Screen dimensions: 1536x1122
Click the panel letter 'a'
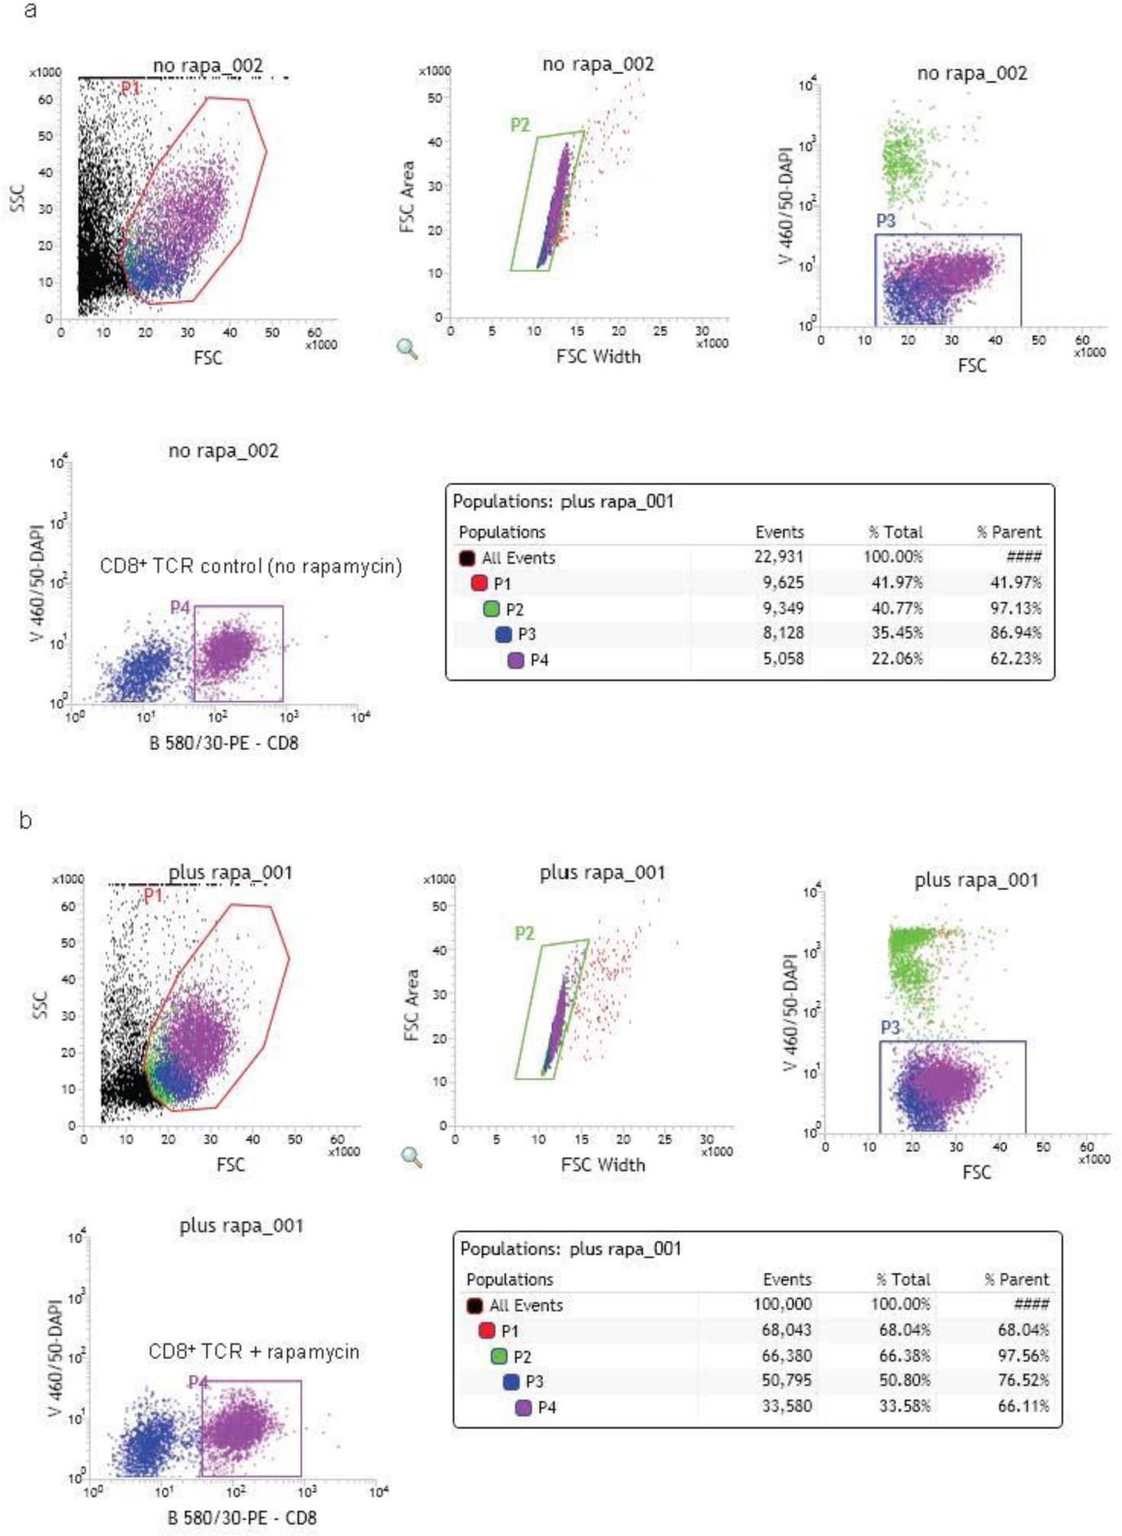click(30, 11)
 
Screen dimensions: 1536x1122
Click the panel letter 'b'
click(26, 820)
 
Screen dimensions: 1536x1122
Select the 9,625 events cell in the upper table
click(783, 583)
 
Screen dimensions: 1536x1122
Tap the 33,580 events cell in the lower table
click(786, 1406)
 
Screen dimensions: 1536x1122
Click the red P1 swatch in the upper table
click(479, 584)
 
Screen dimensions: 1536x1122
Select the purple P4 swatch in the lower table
click(523, 1407)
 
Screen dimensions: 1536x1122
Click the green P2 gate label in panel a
click(519, 125)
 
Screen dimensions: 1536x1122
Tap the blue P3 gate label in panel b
click(890, 1028)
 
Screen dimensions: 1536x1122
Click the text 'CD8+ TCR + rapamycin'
click(254, 1352)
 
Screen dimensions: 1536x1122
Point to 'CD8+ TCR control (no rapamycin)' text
click(250, 566)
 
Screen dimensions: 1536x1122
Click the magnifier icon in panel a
click(407, 350)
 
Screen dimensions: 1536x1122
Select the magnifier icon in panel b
click(413, 1157)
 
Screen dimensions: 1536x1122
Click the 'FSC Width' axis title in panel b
click(603, 1165)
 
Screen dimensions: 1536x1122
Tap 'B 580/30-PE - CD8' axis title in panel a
click(223, 743)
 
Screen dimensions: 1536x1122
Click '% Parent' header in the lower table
click(1016, 1279)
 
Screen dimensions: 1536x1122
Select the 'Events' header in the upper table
click(779, 532)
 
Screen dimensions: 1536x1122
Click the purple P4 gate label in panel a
click(179, 607)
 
